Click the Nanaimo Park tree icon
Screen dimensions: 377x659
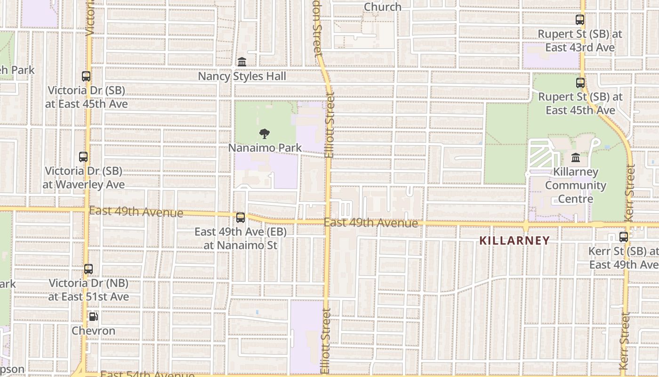(265, 134)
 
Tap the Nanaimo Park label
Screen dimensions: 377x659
(265, 148)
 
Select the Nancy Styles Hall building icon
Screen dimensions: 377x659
(242, 62)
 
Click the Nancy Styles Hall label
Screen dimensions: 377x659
(242, 76)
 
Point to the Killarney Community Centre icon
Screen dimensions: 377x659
(575, 157)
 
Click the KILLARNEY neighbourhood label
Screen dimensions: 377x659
(514, 240)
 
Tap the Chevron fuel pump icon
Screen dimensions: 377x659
(93, 317)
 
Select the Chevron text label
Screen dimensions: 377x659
(93, 331)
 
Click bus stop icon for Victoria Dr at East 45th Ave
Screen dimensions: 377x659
(86, 76)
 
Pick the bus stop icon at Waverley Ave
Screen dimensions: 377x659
(83, 157)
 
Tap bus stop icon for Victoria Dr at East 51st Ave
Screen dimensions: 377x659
(88, 269)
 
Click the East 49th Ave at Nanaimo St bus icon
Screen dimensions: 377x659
(241, 218)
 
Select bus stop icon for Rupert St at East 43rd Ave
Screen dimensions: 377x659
(580, 20)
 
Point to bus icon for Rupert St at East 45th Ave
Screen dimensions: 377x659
(580, 83)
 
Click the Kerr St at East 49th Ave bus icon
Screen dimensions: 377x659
(624, 237)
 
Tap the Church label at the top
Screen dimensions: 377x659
(383, 7)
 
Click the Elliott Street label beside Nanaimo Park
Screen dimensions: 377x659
(329, 125)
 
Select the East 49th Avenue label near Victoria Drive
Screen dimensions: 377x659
(136, 212)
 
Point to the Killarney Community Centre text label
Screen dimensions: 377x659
(575, 185)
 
